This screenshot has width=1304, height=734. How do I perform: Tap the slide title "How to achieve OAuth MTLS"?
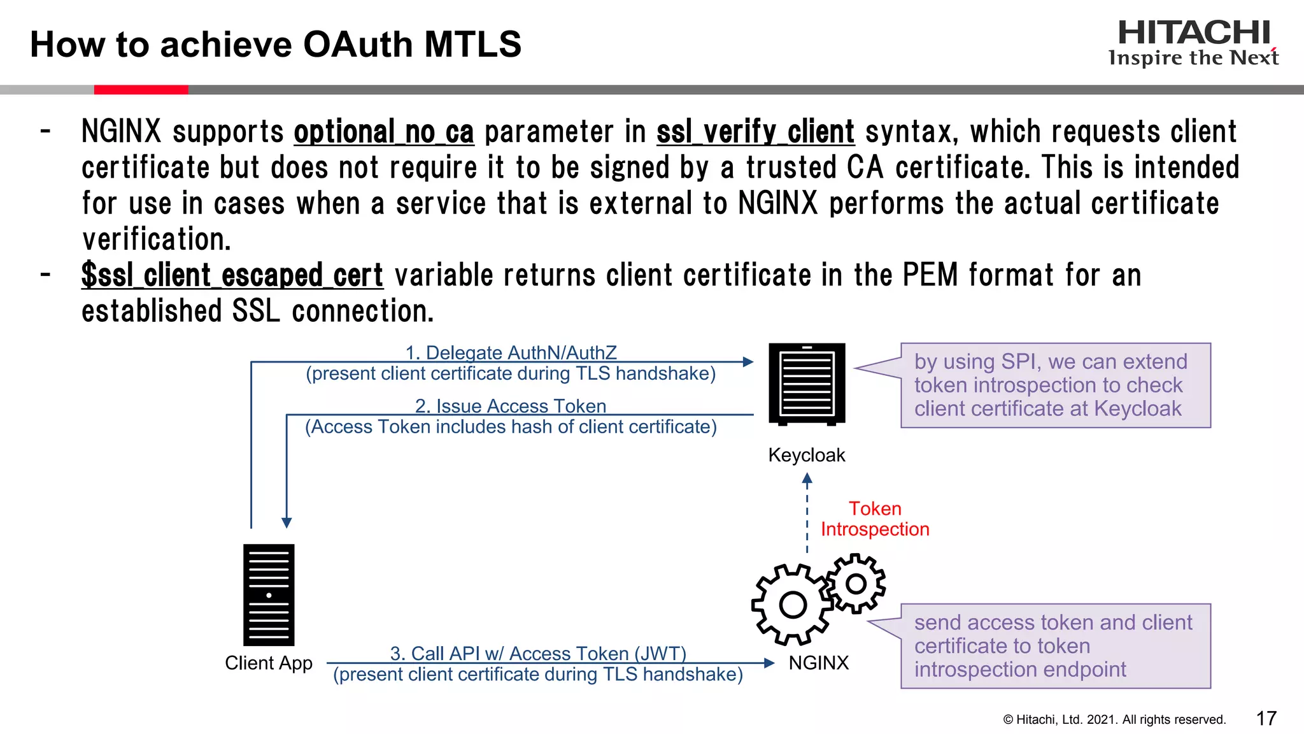[275, 45]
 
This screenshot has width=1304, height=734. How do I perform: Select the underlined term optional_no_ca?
[383, 133]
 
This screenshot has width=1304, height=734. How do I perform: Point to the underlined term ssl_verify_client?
[755, 133]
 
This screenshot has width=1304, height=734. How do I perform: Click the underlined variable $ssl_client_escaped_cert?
[232, 276]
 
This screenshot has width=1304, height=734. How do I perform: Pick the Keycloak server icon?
[807, 384]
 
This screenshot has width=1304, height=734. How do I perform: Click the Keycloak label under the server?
[806, 455]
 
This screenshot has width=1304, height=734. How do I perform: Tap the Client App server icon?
[269, 594]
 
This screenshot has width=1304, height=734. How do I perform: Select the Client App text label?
[269, 663]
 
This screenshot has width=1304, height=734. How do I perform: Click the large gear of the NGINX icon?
[792, 604]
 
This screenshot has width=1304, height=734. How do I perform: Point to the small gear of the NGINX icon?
[856, 583]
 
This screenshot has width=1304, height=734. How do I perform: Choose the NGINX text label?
[818, 663]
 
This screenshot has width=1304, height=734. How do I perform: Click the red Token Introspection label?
[875, 519]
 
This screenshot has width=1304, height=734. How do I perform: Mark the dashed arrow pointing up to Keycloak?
[807, 514]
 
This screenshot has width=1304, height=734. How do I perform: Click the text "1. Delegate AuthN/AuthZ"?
[511, 352]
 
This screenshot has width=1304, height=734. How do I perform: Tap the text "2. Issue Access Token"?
[511, 406]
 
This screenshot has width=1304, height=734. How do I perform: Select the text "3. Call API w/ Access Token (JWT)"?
[538, 653]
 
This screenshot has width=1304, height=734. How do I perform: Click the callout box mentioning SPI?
[1055, 385]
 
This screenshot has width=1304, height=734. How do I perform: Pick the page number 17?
[1266, 719]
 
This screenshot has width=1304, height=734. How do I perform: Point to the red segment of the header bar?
[141, 90]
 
